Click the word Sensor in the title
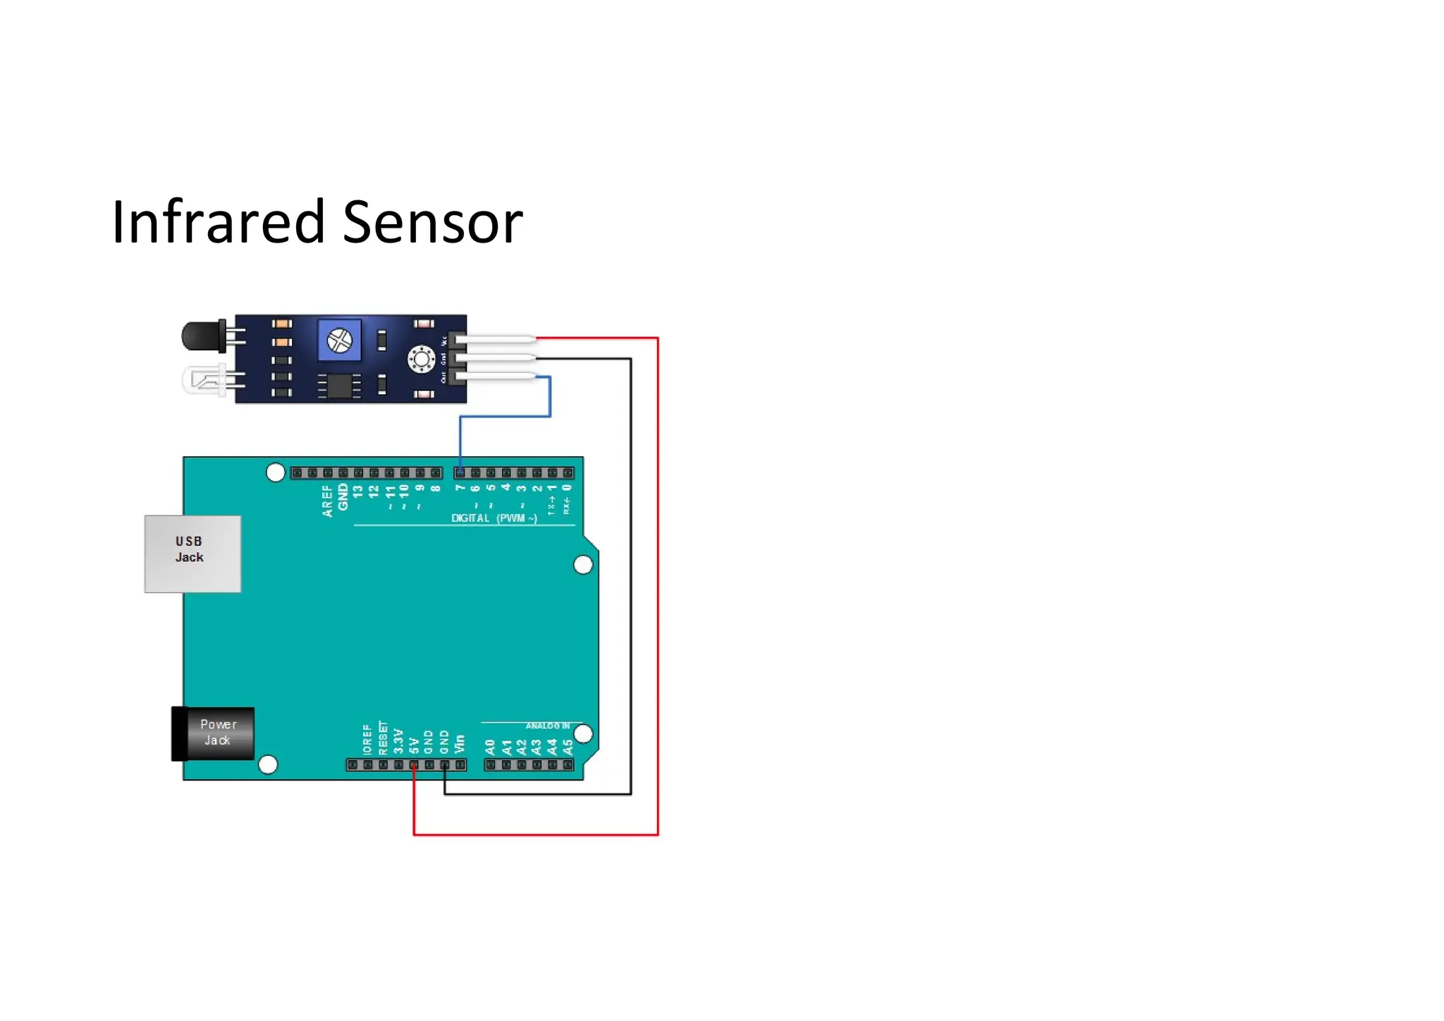[432, 222]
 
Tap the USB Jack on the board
[192, 554]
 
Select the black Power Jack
[214, 734]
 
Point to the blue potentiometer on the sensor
[340, 341]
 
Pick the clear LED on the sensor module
[204, 380]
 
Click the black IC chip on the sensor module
[339, 385]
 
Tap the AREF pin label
[328, 501]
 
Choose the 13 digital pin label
[358, 491]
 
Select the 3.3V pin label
[398, 741]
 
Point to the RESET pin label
[383, 738]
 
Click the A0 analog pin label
[491, 746]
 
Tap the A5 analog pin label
[568, 746]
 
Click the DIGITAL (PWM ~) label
[494, 518]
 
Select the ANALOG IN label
[547, 726]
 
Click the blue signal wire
[505, 417]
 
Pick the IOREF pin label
[367, 739]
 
